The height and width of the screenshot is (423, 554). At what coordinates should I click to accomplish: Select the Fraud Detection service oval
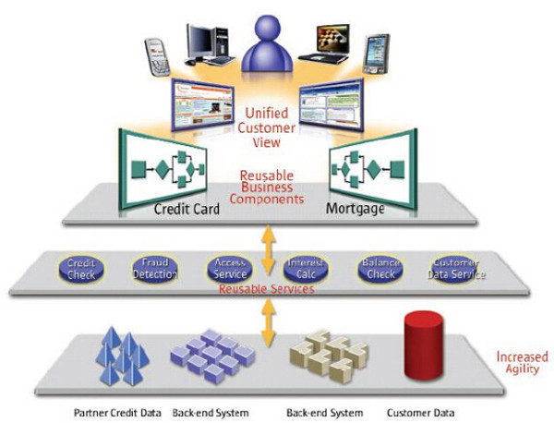click(153, 270)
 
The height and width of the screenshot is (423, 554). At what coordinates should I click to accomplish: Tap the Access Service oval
click(228, 270)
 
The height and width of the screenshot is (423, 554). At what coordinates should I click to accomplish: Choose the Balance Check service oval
click(379, 270)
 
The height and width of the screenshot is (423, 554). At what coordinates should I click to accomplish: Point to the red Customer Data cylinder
click(424, 348)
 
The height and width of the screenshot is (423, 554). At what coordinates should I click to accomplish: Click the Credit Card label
click(187, 209)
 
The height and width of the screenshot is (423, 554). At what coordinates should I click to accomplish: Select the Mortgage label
click(355, 209)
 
